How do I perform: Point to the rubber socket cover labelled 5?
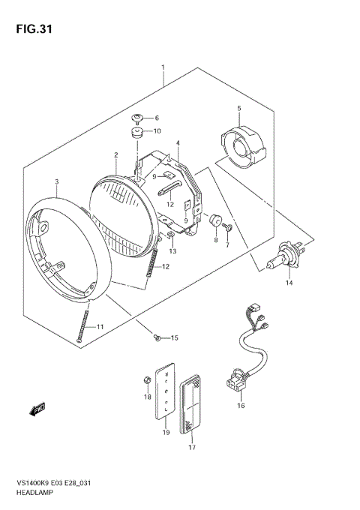pos(241,145)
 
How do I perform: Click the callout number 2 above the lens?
pos(116,156)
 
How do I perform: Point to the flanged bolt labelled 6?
pos(138,117)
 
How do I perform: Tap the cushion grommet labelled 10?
pos(137,133)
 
